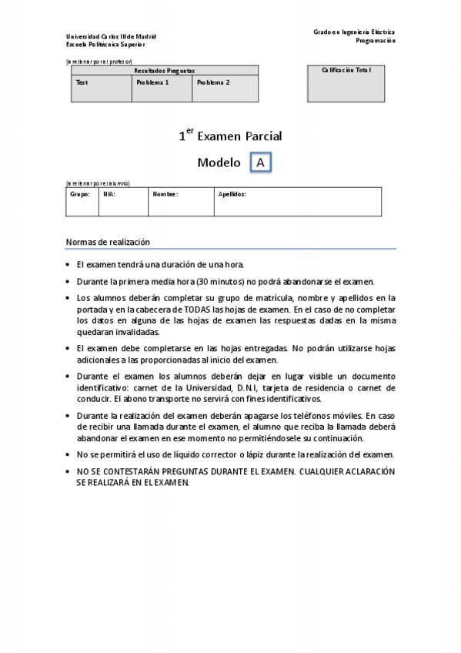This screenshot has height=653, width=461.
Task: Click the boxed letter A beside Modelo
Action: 261,162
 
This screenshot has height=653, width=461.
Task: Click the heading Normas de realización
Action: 107,242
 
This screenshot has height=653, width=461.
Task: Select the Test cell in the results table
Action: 81,82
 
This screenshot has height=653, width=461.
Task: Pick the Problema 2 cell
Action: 213,82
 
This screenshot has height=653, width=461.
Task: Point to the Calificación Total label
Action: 346,70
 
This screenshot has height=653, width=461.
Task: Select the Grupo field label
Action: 80,194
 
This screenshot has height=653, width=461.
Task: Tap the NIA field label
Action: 109,194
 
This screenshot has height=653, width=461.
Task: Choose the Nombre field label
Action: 165,194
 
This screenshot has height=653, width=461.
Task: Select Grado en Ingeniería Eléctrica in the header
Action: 354,32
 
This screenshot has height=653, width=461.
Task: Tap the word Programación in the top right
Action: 376,40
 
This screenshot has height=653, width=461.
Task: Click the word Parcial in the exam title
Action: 263,136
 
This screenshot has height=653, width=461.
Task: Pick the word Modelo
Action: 219,162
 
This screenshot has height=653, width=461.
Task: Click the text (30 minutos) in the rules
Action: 220,282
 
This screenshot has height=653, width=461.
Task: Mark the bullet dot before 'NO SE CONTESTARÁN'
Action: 68,470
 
